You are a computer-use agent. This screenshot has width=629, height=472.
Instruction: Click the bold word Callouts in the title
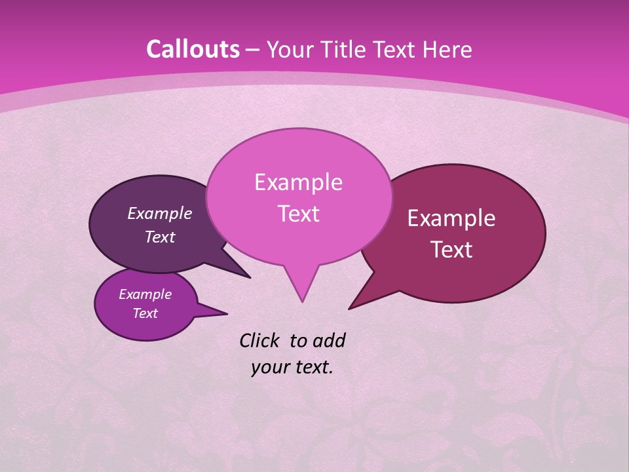(x=193, y=49)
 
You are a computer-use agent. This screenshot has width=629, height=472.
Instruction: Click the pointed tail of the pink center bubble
(x=301, y=292)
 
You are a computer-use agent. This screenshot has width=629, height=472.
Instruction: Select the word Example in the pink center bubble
(x=298, y=182)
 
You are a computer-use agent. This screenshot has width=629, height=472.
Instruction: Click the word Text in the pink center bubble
(x=298, y=214)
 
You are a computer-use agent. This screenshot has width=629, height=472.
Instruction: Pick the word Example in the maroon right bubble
(x=451, y=218)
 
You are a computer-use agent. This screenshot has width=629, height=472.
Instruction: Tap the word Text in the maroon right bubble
(x=451, y=250)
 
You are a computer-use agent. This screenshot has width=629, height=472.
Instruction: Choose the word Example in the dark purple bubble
(x=160, y=213)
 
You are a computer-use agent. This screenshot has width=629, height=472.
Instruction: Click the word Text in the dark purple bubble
(x=160, y=237)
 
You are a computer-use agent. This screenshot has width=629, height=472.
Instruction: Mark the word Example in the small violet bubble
(x=145, y=294)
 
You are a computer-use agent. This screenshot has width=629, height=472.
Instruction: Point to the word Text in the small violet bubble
(x=145, y=313)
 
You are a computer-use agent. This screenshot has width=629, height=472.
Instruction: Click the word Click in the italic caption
(x=260, y=340)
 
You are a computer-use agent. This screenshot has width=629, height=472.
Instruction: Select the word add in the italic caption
(x=328, y=340)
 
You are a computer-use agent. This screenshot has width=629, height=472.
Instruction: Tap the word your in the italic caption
(x=269, y=367)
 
